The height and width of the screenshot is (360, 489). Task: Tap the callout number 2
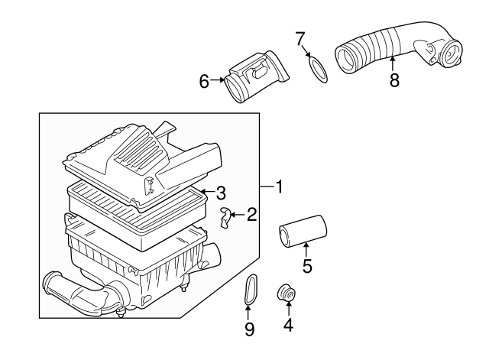point(251,216)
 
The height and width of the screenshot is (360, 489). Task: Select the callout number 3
point(220,192)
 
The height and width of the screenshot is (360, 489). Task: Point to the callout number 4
point(288,323)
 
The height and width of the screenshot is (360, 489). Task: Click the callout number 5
point(306,267)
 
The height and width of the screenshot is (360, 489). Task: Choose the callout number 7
point(300,37)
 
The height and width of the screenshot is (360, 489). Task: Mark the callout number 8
point(394,79)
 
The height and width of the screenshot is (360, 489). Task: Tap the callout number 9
point(249,329)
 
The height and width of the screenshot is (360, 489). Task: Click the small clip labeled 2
point(226,218)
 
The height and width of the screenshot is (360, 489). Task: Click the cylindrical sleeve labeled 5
point(303,230)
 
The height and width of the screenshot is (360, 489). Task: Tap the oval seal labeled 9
point(249,290)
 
